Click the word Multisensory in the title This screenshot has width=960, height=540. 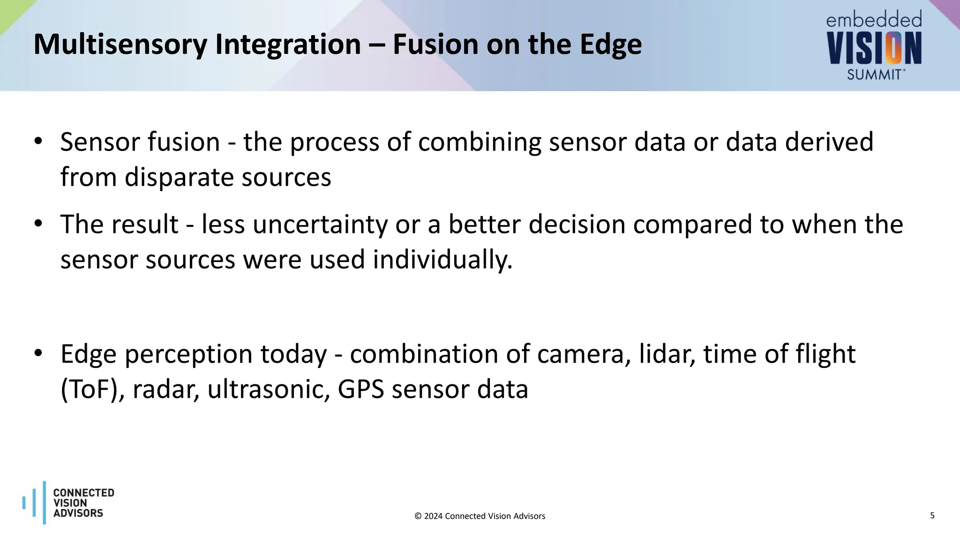point(120,45)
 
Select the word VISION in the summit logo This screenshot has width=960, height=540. point(874,48)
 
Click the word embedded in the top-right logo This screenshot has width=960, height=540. point(874,20)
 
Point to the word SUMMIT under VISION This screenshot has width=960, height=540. point(875,75)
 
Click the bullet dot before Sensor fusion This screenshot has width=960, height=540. point(38,141)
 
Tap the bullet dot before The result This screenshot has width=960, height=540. point(38,224)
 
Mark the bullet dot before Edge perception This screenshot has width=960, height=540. point(38,353)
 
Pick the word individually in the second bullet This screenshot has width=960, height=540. point(442,259)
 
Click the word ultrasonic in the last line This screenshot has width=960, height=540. point(269,390)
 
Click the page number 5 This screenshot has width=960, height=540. point(932,516)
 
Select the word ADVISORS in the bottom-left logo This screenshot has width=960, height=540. point(78,513)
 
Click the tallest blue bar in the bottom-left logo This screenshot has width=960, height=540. point(45,502)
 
